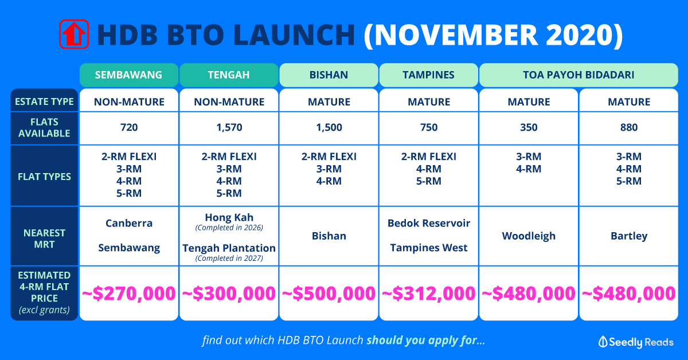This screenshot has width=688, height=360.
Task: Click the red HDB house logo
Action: pos(74,34)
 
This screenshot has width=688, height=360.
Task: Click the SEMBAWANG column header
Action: pos(128,75)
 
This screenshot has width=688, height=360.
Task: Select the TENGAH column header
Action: pos(229,75)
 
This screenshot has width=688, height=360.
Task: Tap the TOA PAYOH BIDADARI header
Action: pos(578,75)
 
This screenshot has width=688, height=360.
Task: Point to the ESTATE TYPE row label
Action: pos(44,101)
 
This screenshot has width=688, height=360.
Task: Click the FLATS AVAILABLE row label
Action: pos(44,128)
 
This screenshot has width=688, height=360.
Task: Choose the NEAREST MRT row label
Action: pos(44,238)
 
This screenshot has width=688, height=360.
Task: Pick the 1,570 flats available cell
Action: pos(229,127)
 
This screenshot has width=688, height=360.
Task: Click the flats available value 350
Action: pos(529,127)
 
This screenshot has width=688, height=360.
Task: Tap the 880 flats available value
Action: pos(629,127)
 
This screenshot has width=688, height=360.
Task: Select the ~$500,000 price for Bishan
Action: pos(329,294)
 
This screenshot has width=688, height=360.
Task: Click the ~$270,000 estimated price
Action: pos(128,294)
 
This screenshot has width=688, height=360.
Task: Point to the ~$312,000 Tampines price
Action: pos(429,294)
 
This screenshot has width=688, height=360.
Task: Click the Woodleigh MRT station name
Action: pos(529,236)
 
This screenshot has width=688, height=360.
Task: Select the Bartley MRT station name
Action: pos(629,236)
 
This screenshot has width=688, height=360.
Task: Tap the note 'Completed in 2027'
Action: pos(229,258)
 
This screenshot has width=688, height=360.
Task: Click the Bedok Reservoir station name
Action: pos(429,223)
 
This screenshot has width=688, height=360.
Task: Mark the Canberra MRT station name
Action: pos(128,223)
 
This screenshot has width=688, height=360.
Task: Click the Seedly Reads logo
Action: pos(636,342)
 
